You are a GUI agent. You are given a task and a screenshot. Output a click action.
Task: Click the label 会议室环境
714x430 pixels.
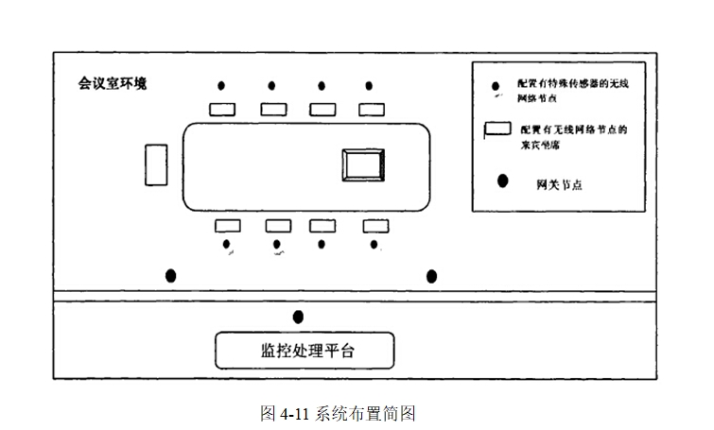point(112,82)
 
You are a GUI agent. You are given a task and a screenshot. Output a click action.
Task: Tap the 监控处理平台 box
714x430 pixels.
point(304,350)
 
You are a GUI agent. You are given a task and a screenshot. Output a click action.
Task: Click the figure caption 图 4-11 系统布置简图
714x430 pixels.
point(338,413)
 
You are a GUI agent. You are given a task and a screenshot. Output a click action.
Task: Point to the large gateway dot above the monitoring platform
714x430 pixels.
point(299,317)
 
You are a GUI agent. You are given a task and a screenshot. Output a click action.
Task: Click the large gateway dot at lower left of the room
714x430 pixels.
point(171,276)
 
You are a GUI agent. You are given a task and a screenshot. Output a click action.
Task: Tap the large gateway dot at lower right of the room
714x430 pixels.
point(432,276)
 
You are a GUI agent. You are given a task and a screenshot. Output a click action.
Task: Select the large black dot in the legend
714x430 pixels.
point(503,179)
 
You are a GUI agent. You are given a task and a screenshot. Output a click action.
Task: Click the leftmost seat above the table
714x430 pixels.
point(221,109)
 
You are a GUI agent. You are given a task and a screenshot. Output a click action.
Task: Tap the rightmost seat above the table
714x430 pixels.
point(374,109)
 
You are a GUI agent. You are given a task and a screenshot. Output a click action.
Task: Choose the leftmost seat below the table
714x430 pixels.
point(227,226)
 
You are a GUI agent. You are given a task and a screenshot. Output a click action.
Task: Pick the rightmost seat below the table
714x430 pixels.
point(375,226)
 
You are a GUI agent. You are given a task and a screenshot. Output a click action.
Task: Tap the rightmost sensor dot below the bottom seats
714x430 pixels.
point(374,245)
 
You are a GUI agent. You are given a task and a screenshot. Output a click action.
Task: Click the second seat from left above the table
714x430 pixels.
point(274,109)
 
